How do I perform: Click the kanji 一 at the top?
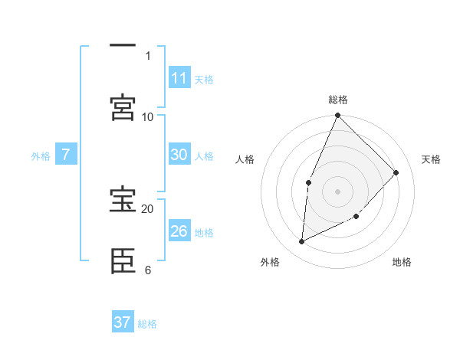point(123,47)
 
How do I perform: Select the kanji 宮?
point(123,107)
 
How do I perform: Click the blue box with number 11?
point(179,78)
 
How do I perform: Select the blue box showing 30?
point(179,155)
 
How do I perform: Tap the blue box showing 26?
point(179,231)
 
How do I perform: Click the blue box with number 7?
point(66,155)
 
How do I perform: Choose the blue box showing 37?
point(123,322)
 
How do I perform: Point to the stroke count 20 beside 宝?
point(148,208)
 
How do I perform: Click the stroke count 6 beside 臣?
point(148,270)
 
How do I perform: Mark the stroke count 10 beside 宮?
point(148,116)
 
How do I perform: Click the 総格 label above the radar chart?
point(338,100)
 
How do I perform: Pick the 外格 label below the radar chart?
point(270,262)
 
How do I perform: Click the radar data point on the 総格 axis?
point(338,116)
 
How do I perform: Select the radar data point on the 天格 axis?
point(396,172)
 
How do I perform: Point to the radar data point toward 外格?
point(302,241)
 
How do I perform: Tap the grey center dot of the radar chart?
point(338,191)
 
